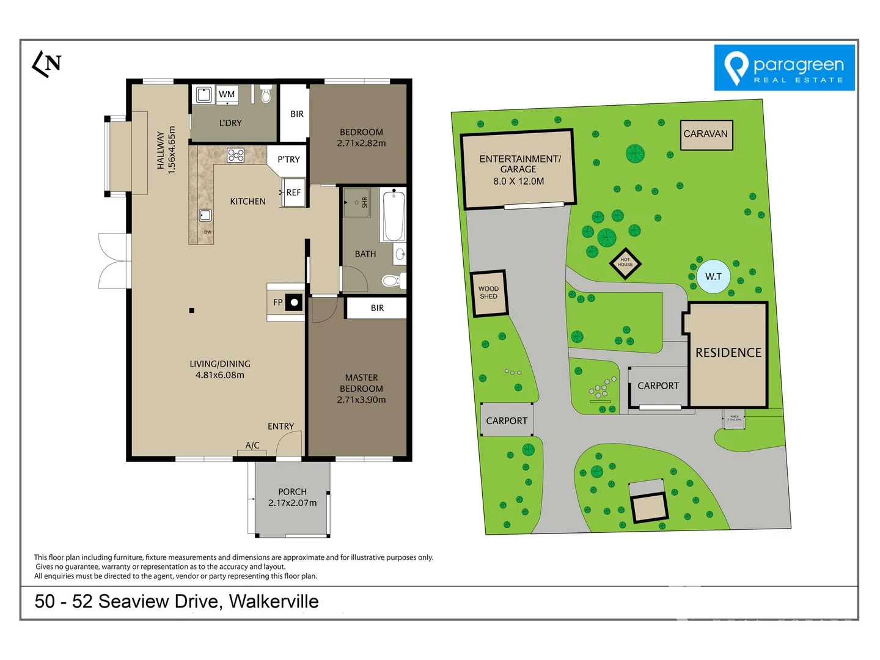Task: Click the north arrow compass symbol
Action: [x=46, y=64]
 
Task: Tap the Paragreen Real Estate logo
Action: [x=784, y=68]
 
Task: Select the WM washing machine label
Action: [x=227, y=94]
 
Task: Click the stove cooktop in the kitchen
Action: [x=236, y=155]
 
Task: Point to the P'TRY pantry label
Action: [x=288, y=159]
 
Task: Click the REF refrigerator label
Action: [x=293, y=193]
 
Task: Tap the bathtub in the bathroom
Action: [x=393, y=216]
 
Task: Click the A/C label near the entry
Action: [x=252, y=446]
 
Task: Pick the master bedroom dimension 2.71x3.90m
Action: [x=361, y=400]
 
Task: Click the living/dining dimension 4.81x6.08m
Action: [x=219, y=375]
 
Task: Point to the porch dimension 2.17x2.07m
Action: [x=292, y=503]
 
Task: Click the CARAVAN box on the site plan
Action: [x=706, y=134]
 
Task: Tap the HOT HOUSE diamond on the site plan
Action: [x=625, y=263]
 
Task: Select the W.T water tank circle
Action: [x=713, y=277]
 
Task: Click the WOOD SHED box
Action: [x=488, y=293]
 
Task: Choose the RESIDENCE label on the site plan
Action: [x=728, y=353]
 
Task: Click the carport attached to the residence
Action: [x=658, y=386]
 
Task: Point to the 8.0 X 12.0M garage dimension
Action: [x=518, y=182]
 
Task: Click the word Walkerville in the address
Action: [x=274, y=601]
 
